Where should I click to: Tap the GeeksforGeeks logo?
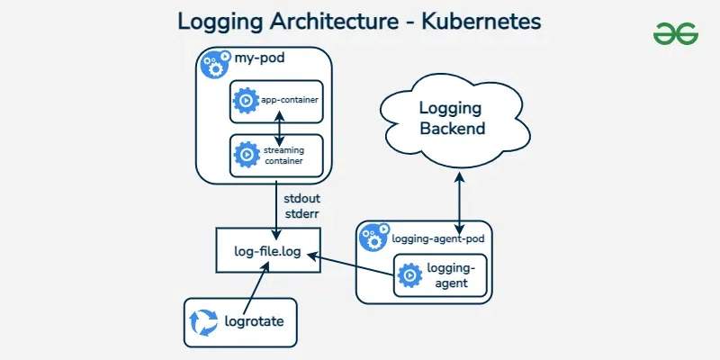(x=677, y=35)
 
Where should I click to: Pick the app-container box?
(x=275, y=98)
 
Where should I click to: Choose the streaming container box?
(x=275, y=155)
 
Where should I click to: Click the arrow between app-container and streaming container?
(x=281, y=127)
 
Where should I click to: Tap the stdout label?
(x=302, y=196)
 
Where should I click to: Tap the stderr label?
(x=302, y=214)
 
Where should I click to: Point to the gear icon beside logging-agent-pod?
(x=373, y=237)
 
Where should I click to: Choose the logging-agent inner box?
(x=442, y=275)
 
